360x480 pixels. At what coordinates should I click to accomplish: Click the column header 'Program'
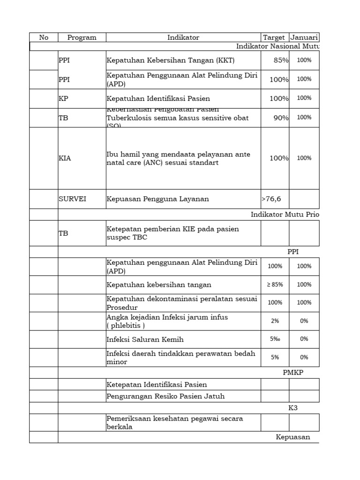click(x=82, y=37)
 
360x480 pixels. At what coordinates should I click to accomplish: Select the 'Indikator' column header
click(x=183, y=37)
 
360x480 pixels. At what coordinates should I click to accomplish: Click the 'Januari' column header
click(x=304, y=37)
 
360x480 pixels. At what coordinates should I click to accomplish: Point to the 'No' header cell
click(x=44, y=37)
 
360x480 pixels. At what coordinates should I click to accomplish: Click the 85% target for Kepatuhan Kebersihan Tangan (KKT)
click(x=281, y=60)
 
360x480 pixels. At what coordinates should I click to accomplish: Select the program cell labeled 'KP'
click(x=63, y=98)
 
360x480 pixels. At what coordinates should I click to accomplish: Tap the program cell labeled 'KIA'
click(x=65, y=158)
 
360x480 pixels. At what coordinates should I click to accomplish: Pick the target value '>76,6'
click(x=271, y=199)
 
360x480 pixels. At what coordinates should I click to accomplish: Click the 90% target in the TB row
click(x=281, y=118)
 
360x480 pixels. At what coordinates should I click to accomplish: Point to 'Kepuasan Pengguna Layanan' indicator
click(x=158, y=199)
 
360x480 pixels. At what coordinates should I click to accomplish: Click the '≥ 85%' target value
click(x=275, y=285)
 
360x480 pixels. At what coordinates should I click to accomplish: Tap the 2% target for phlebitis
click(x=275, y=321)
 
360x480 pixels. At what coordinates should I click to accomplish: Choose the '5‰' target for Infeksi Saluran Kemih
click(x=275, y=339)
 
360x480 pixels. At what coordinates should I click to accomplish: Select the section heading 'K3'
click(x=293, y=408)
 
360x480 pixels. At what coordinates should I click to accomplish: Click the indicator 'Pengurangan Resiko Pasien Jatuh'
click(x=165, y=396)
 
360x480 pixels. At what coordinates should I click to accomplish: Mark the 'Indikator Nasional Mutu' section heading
click(x=277, y=46)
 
